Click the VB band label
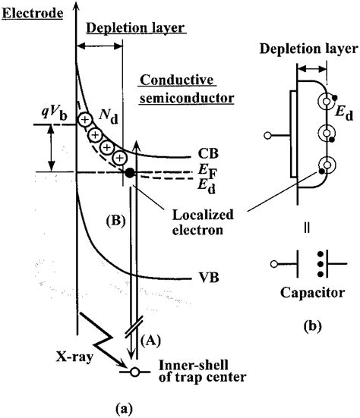point(203,278)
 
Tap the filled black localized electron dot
point(130,174)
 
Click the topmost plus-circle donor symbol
point(86,120)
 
